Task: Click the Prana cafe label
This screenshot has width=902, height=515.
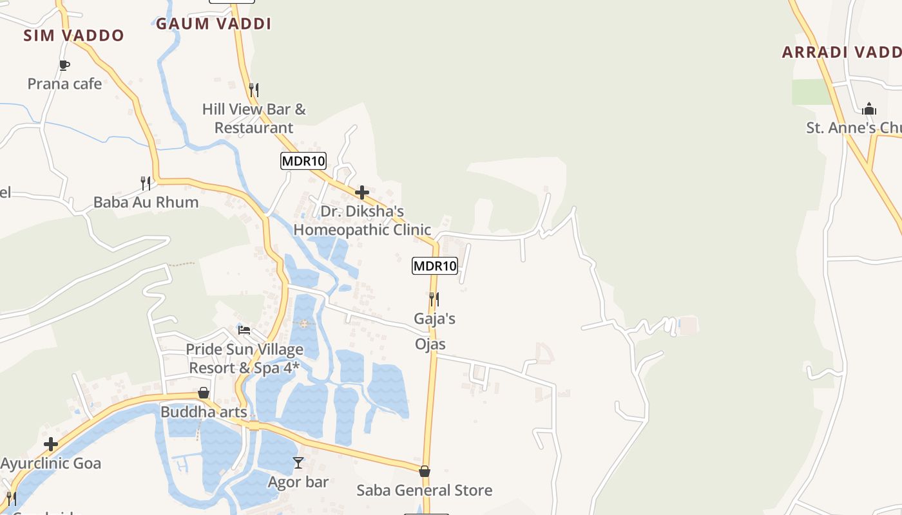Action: tap(64, 84)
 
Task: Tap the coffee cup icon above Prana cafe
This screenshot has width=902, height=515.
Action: tap(64, 64)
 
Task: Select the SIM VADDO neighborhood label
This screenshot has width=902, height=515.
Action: tap(73, 35)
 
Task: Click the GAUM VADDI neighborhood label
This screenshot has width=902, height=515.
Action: tap(213, 24)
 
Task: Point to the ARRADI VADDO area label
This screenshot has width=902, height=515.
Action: tap(841, 52)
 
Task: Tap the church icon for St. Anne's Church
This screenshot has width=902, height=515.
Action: tap(869, 108)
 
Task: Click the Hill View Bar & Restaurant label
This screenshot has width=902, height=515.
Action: tap(254, 118)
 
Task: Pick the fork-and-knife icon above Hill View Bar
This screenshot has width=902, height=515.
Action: tap(254, 89)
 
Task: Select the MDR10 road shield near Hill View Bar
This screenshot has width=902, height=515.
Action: tap(303, 161)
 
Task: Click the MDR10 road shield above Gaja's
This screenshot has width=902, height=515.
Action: tap(435, 265)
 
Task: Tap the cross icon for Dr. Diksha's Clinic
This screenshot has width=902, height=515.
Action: tap(362, 192)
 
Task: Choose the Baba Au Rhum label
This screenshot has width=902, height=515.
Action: tap(146, 202)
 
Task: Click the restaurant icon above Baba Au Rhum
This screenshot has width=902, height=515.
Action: tap(146, 183)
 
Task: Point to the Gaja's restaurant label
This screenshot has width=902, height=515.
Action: tap(435, 319)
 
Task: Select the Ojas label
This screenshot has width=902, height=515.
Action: tap(430, 344)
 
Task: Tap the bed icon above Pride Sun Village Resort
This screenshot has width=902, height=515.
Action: tap(244, 330)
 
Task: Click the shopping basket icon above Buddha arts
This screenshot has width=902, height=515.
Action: tap(204, 392)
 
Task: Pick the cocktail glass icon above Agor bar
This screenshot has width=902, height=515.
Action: tap(298, 462)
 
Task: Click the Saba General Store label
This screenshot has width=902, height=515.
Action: tap(425, 491)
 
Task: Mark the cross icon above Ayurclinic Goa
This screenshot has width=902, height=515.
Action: tap(51, 444)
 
